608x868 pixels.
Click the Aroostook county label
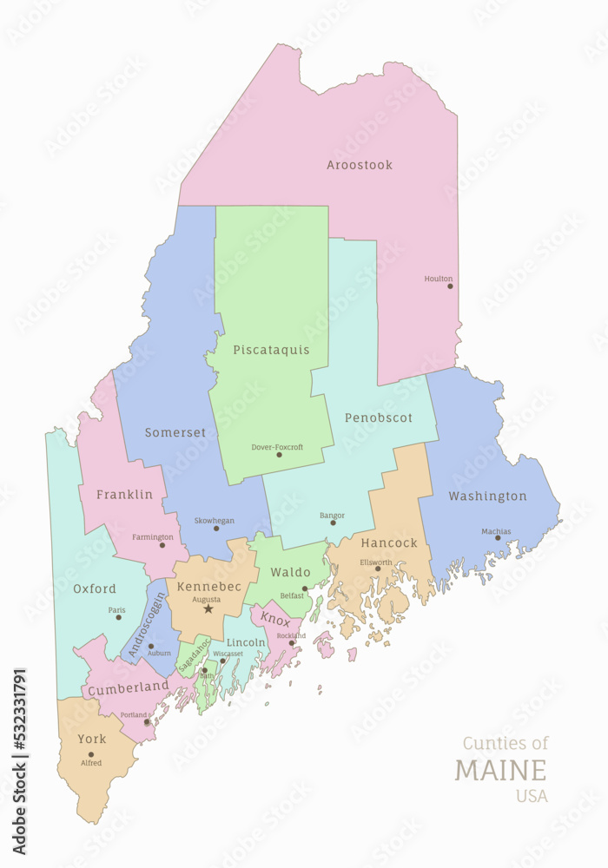click(x=360, y=165)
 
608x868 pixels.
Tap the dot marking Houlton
click(x=450, y=286)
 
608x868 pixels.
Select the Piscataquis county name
click(x=271, y=350)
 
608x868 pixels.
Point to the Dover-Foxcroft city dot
click(x=279, y=455)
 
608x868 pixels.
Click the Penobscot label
click(x=379, y=418)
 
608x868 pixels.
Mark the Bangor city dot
click(x=333, y=523)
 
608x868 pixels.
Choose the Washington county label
click(x=487, y=496)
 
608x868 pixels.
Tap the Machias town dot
click(x=498, y=537)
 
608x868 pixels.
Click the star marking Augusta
click(x=208, y=609)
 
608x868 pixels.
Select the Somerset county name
click(x=175, y=432)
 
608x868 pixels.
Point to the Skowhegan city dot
click(x=217, y=528)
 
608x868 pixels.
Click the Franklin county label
click(x=124, y=495)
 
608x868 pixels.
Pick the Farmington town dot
click(x=162, y=544)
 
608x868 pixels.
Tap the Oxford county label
click(x=95, y=589)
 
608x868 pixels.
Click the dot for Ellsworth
click(x=378, y=569)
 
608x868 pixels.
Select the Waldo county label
click(x=290, y=573)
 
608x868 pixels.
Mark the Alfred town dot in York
click(x=90, y=754)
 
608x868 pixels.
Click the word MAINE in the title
click(x=501, y=770)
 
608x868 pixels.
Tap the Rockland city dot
click(x=292, y=643)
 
